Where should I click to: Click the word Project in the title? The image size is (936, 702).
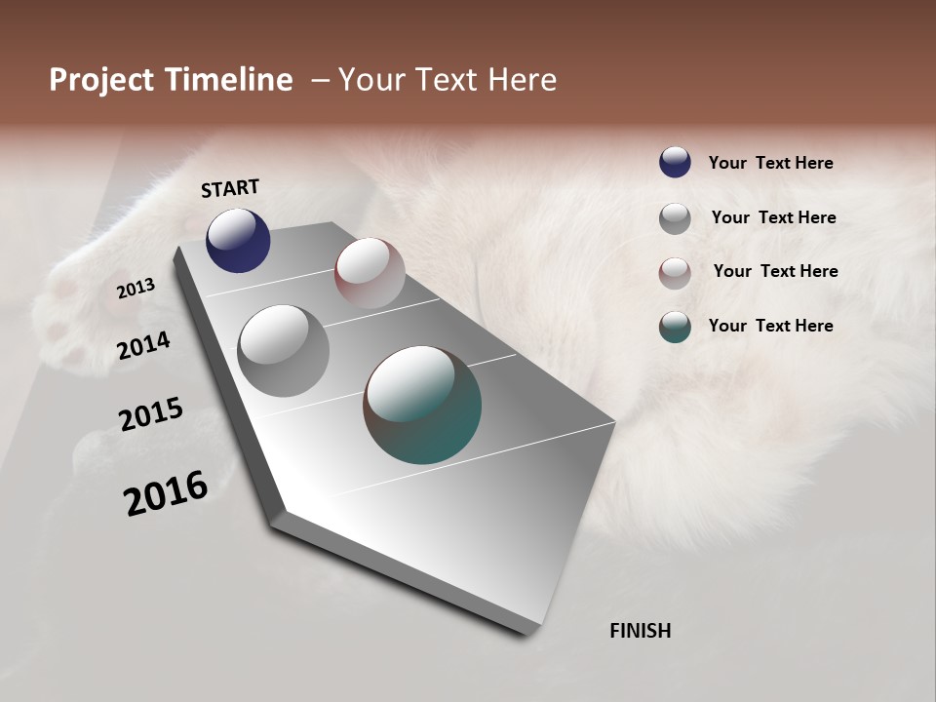pyautogui.click(x=102, y=80)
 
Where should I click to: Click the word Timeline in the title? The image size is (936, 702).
pyautogui.click(x=228, y=80)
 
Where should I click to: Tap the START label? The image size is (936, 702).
pyautogui.click(x=230, y=188)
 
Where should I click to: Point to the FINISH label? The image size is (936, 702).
pyautogui.click(x=640, y=631)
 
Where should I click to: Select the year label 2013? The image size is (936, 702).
pyautogui.click(x=136, y=289)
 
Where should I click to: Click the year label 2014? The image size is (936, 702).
pyautogui.click(x=144, y=345)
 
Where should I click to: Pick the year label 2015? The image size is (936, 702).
pyautogui.click(x=151, y=413)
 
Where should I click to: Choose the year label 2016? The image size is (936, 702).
pyautogui.click(x=166, y=492)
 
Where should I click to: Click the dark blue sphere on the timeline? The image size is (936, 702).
pyautogui.click(x=238, y=240)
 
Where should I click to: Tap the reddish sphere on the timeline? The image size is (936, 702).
pyautogui.click(x=370, y=273)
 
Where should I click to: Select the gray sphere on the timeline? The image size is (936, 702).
pyautogui.click(x=284, y=351)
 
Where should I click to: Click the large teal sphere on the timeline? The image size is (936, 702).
pyautogui.click(x=422, y=404)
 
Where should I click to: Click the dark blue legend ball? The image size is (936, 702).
pyautogui.click(x=675, y=163)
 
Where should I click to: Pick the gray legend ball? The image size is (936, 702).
pyautogui.click(x=675, y=218)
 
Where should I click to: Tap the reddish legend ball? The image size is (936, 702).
pyautogui.click(x=675, y=273)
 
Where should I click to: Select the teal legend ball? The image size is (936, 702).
pyautogui.click(x=675, y=327)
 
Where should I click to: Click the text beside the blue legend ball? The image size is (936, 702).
pyautogui.click(x=770, y=163)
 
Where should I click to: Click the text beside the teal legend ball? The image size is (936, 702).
pyautogui.click(x=770, y=326)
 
